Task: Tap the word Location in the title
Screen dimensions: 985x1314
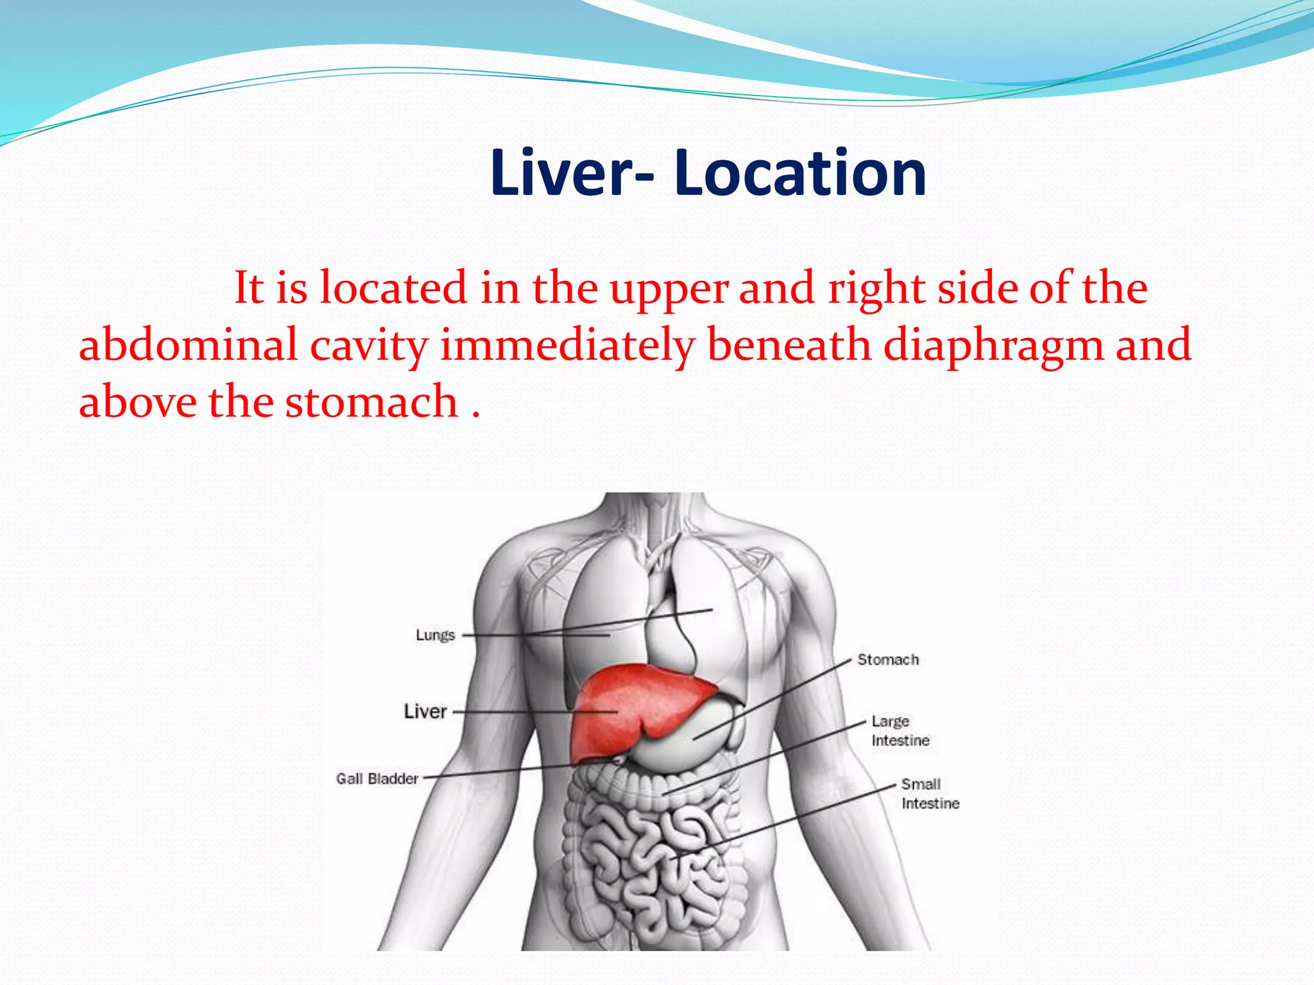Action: click(x=800, y=173)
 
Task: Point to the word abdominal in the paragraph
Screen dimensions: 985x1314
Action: click(x=188, y=345)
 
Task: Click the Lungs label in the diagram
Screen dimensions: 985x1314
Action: click(x=435, y=635)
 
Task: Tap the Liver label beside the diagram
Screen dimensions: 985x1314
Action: click(x=425, y=711)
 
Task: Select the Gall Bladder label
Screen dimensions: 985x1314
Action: click(x=377, y=779)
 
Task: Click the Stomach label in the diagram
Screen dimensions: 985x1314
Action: click(x=888, y=659)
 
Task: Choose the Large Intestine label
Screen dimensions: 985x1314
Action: click(x=900, y=731)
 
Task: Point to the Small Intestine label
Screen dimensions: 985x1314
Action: click(x=930, y=794)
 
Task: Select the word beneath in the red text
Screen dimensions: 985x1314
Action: click(x=789, y=345)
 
